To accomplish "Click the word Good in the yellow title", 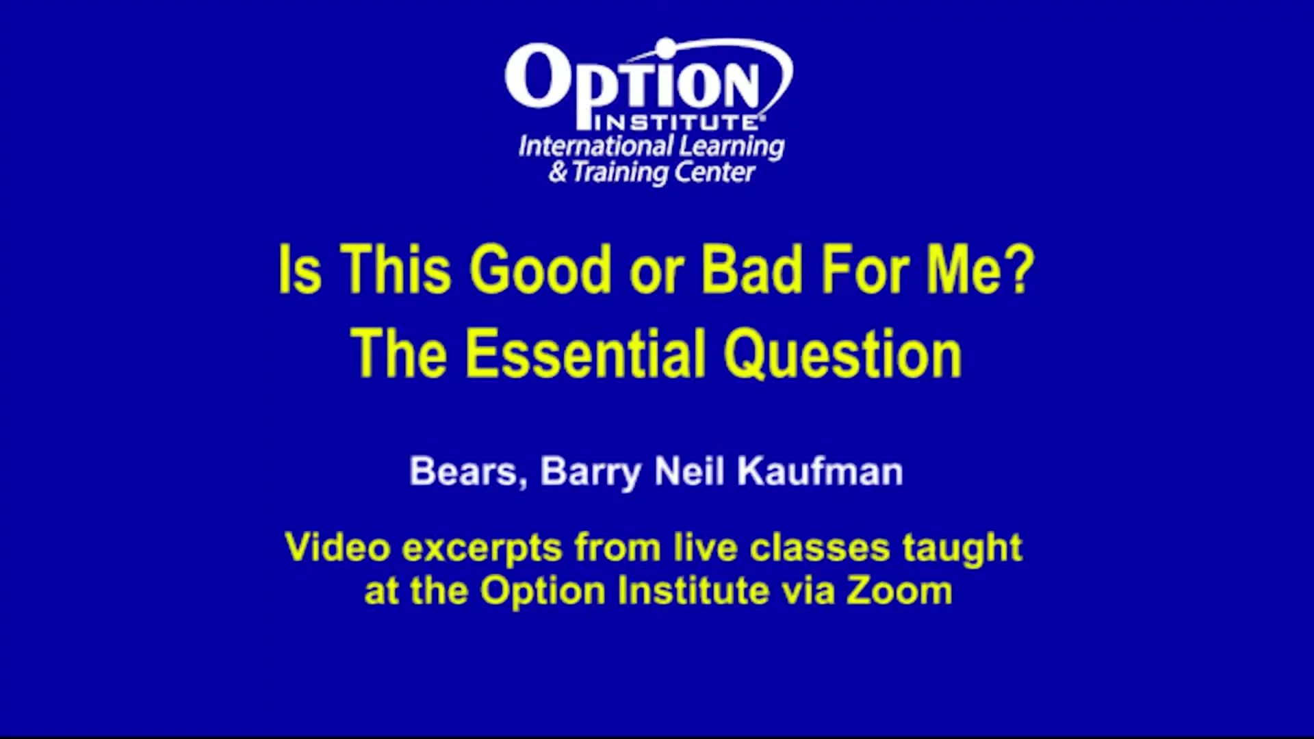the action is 541,270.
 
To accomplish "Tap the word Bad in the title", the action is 751,270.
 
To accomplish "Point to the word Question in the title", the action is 843,354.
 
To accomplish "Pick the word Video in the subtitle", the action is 337,547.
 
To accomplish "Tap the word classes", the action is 820,547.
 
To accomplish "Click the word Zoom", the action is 899,591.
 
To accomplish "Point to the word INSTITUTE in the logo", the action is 676,123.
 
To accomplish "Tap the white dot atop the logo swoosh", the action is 665,47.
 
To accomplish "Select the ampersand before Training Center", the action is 558,172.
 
